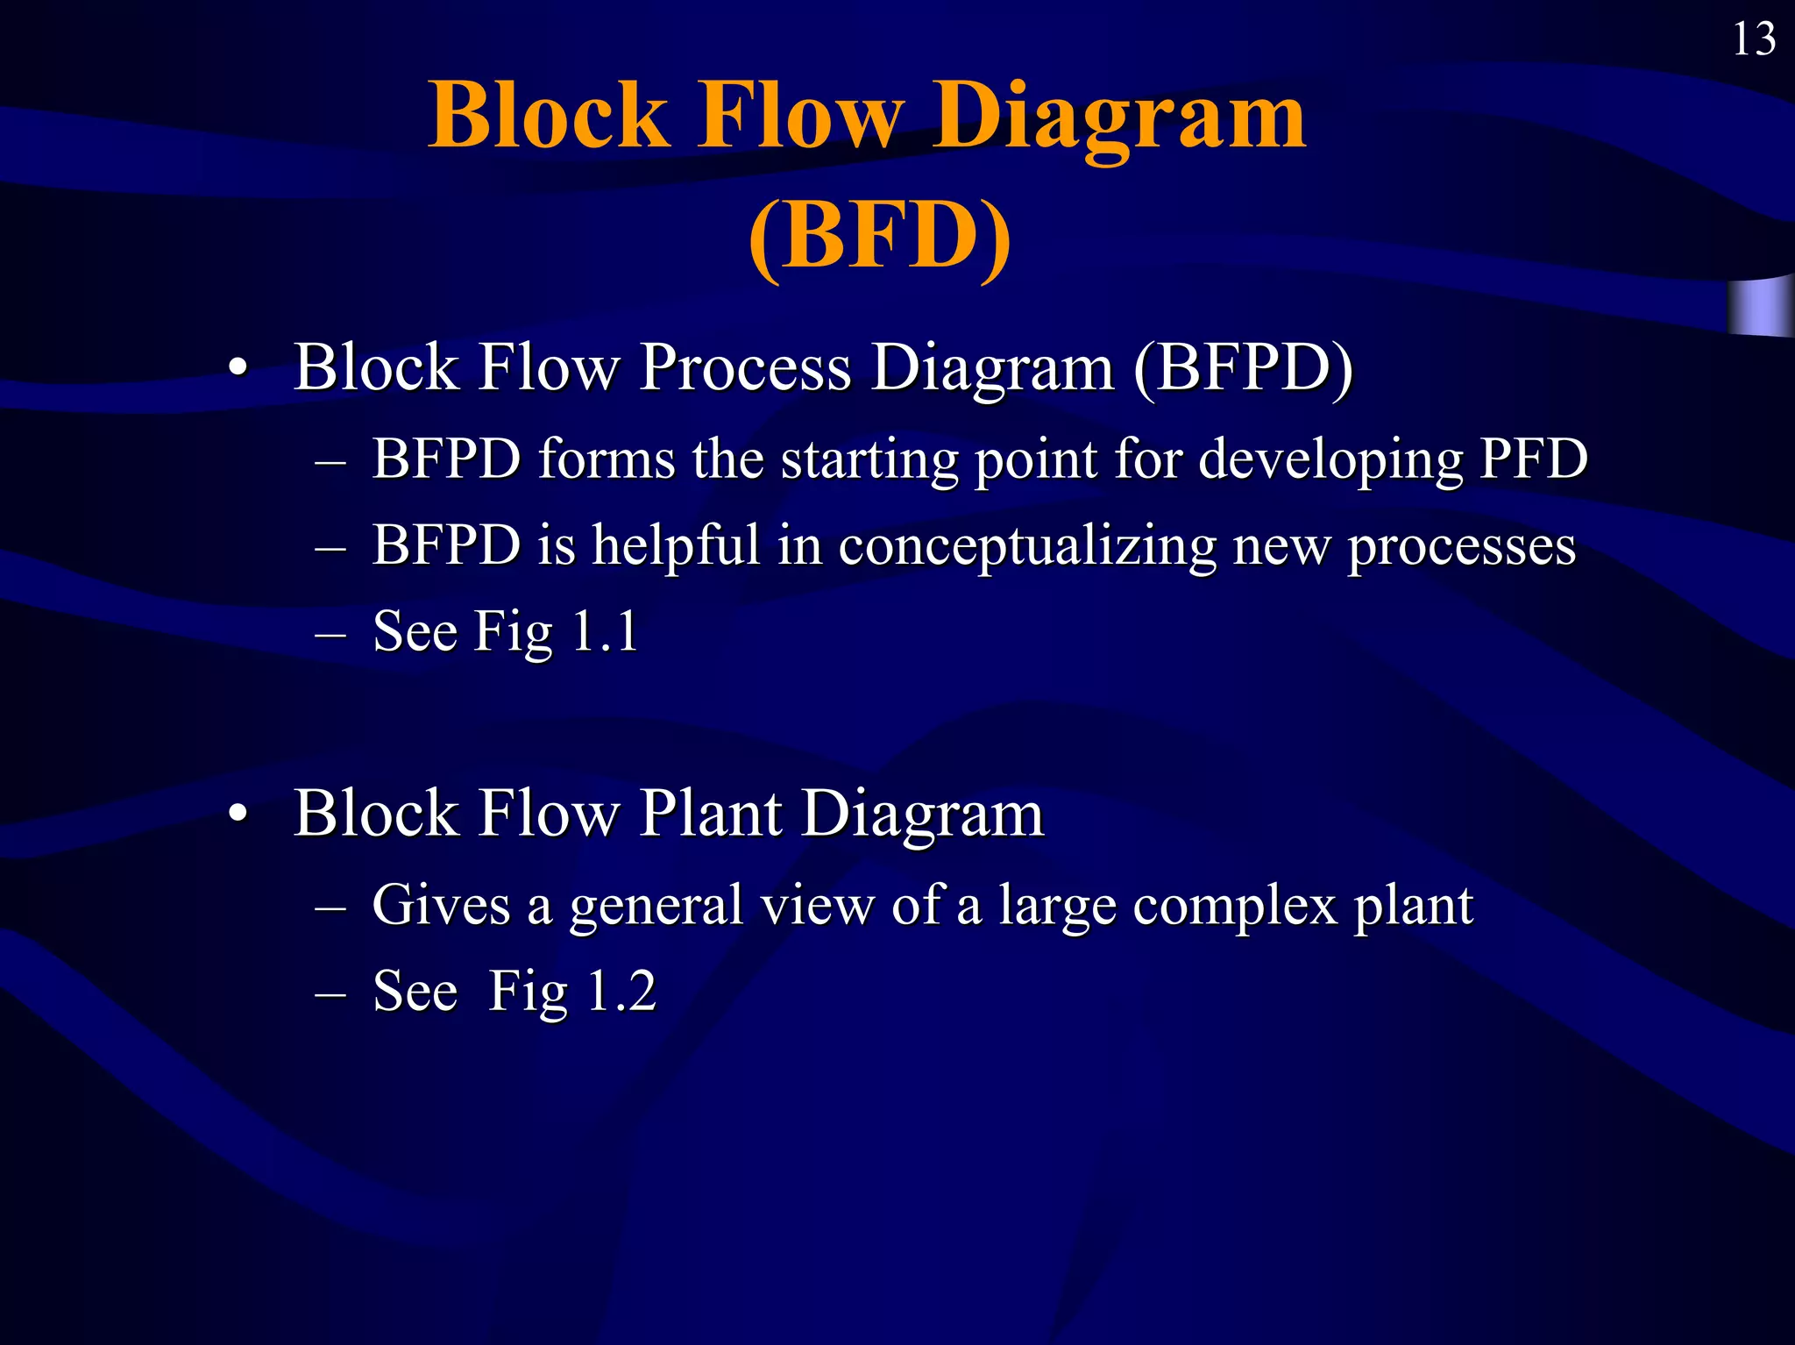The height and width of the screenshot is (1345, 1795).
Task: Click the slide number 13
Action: click(1754, 40)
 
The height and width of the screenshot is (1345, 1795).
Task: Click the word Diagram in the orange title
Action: click(1118, 117)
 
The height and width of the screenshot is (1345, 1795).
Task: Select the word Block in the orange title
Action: click(549, 117)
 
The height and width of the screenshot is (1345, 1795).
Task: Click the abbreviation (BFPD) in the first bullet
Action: click(1243, 367)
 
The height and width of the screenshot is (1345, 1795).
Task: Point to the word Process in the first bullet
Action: click(745, 367)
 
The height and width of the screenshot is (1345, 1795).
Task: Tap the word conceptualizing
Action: click(1026, 546)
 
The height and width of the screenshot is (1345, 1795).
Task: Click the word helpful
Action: click(675, 545)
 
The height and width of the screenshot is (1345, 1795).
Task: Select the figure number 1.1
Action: click(605, 630)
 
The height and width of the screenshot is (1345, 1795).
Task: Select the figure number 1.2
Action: click(621, 991)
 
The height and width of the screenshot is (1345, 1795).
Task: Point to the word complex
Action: click(1235, 906)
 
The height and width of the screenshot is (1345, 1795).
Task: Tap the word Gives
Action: click(441, 904)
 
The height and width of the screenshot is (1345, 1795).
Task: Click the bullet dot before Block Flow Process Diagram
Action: click(238, 369)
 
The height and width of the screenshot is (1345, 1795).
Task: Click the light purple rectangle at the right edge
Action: click(1760, 307)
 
